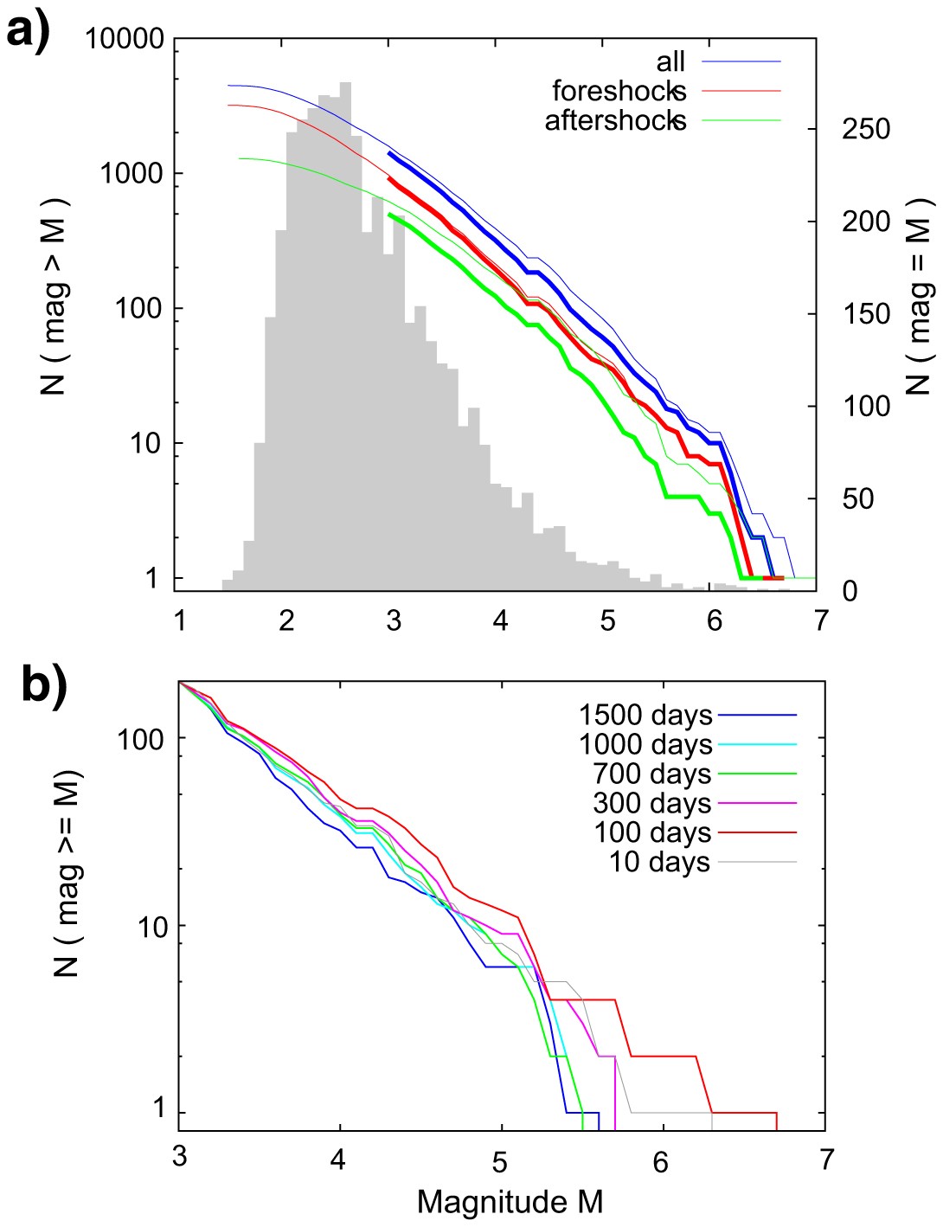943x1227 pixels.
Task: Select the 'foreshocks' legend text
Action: (x=619, y=91)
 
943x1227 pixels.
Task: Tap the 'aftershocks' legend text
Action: (x=615, y=120)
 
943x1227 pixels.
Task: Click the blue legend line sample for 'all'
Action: (x=741, y=62)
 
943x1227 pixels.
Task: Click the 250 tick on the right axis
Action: (x=865, y=129)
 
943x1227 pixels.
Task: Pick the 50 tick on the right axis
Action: (x=856, y=498)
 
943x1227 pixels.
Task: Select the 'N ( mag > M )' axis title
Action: (x=54, y=297)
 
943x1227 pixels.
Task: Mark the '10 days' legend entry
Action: (x=659, y=863)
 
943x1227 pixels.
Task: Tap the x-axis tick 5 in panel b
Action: (x=500, y=1161)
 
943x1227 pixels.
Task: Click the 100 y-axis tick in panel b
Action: (x=140, y=739)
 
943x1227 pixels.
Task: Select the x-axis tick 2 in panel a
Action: (x=286, y=620)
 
